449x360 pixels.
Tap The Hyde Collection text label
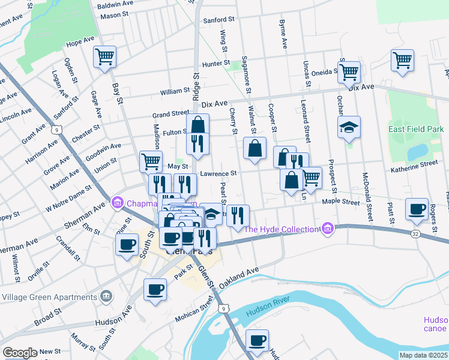click(x=280, y=229)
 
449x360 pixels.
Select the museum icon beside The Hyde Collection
click(x=327, y=228)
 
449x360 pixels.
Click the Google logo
click(x=20, y=353)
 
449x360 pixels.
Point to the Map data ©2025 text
click(x=424, y=355)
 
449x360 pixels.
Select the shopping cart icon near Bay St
click(x=104, y=58)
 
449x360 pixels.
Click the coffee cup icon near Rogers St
click(x=417, y=209)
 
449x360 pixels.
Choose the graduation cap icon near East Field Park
click(x=349, y=127)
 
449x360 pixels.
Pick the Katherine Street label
click(x=415, y=164)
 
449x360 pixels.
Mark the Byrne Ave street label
click(x=283, y=35)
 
